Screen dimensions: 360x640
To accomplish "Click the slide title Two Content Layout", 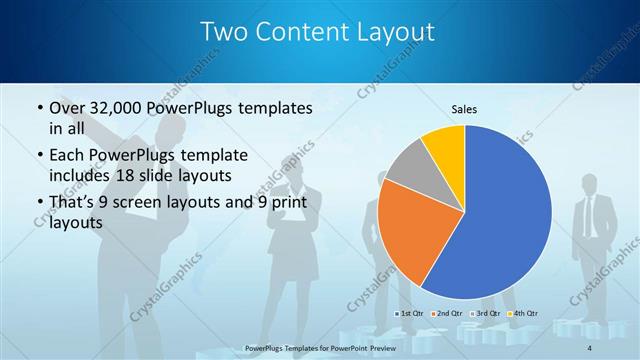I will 318,32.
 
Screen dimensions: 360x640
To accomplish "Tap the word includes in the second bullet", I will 82,175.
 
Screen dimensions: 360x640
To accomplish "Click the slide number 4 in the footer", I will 590,346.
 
